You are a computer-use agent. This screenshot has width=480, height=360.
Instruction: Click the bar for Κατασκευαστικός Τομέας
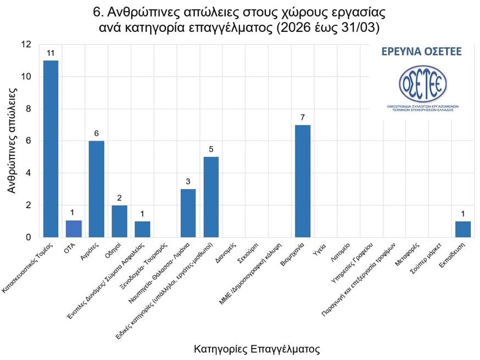click(x=51, y=149)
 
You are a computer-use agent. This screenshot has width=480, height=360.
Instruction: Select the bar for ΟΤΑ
click(x=74, y=229)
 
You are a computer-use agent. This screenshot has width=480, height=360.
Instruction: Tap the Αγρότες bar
click(x=97, y=189)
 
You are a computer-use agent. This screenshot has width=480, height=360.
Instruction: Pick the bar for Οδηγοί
click(x=119, y=221)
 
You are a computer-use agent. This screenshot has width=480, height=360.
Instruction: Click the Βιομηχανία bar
click(x=303, y=181)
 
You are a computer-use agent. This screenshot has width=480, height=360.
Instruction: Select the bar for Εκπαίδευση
click(x=463, y=229)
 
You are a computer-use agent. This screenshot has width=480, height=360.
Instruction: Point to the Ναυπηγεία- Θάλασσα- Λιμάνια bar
click(x=188, y=213)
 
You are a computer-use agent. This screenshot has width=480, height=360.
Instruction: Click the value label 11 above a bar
click(x=51, y=53)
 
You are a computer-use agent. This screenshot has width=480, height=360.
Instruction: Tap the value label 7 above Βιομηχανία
click(x=303, y=117)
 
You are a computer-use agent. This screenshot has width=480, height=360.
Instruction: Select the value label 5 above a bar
click(x=211, y=149)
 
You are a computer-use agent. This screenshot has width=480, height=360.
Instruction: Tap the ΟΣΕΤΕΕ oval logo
click(x=422, y=83)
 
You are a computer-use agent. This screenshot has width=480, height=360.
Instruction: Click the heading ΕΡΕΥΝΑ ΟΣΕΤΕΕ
click(x=422, y=52)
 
